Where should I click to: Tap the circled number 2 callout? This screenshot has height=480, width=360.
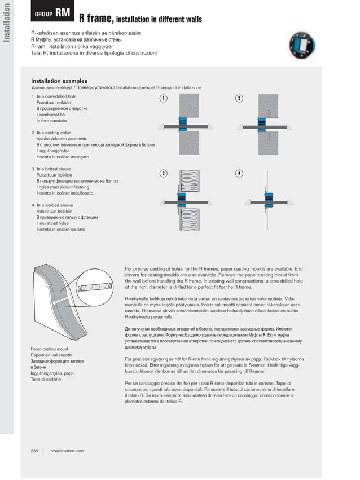point(239,99)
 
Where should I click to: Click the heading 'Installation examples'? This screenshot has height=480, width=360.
point(59,81)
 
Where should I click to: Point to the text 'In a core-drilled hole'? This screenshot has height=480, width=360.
point(56,97)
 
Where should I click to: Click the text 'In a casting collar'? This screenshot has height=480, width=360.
point(54,133)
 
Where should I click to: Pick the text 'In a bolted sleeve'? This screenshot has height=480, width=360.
point(54,169)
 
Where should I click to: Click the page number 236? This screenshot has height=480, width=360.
point(34,450)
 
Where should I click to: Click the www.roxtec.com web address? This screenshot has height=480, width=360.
point(67,450)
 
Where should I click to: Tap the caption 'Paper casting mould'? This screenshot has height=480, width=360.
point(49,349)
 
